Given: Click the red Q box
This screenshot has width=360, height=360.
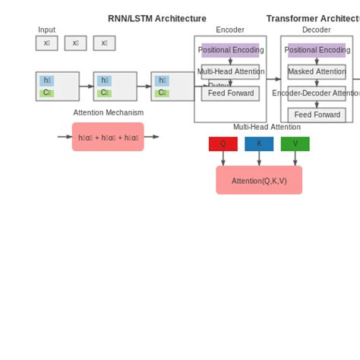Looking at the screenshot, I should (223, 144).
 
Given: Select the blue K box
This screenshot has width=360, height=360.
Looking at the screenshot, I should (259, 144).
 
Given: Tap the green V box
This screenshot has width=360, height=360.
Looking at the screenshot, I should (295, 144).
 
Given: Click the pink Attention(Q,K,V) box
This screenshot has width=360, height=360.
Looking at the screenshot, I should (259, 180).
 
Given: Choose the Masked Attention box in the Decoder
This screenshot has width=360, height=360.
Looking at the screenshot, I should (317, 72).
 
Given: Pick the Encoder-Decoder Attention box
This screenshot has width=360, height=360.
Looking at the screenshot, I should (317, 93).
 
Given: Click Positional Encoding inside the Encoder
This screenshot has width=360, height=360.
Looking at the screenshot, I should (230, 50).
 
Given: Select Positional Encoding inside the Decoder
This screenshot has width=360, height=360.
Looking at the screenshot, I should (317, 50).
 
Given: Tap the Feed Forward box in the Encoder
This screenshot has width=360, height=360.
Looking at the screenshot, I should (230, 93).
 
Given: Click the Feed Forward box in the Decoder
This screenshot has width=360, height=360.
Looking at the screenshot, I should (317, 115).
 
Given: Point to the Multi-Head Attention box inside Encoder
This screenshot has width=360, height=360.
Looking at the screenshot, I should (230, 71).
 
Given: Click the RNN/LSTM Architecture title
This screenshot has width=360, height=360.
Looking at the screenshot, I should (156, 18).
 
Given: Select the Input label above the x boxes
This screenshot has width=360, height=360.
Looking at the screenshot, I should (46, 30).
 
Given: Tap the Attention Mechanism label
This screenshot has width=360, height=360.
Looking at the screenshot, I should (108, 112).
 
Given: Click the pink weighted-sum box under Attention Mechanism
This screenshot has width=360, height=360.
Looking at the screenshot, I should (108, 137).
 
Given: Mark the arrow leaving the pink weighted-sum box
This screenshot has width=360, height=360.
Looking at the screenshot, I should (152, 137).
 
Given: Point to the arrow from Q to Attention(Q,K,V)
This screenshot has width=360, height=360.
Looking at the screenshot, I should (223, 158).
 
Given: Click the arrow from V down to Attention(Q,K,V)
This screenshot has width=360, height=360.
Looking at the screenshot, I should (295, 158).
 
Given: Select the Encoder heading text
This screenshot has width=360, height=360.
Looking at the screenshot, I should (230, 30).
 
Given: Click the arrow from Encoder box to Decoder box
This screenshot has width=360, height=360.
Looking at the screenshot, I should (273, 79).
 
